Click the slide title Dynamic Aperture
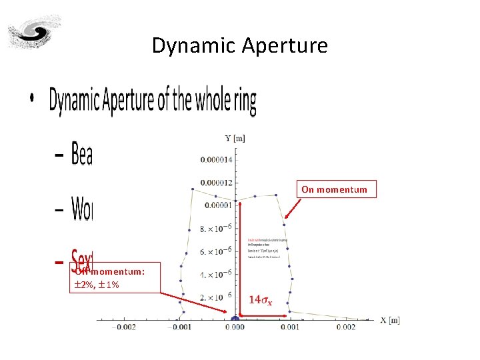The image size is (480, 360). pyautogui.click(x=240, y=45)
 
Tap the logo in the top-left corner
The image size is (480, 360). pyautogui.click(x=33, y=32)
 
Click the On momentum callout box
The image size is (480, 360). pyautogui.click(x=334, y=189)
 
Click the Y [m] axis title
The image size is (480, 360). pyautogui.click(x=235, y=138)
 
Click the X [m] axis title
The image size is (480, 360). pyautogui.click(x=390, y=320)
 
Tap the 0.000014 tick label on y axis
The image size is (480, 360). pyautogui.click(x=216, y=160)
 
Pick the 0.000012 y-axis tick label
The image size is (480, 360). pyautogui.click(x=216, y=183)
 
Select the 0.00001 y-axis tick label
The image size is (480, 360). pyautogui.click(x=218, y=205)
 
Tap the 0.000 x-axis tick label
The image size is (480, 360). pyautogui.click(x=235, y=327)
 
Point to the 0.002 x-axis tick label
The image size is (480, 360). pyautogui.click(x=347, y=327)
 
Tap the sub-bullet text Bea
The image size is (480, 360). pyautogui.click(x=81, y=155)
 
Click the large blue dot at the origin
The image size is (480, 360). pyautogui.click(x=235, y=319)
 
